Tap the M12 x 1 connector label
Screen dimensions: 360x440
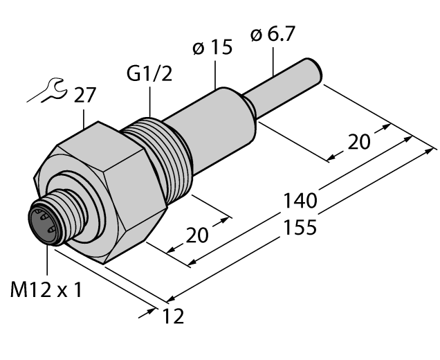coord(46,290)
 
